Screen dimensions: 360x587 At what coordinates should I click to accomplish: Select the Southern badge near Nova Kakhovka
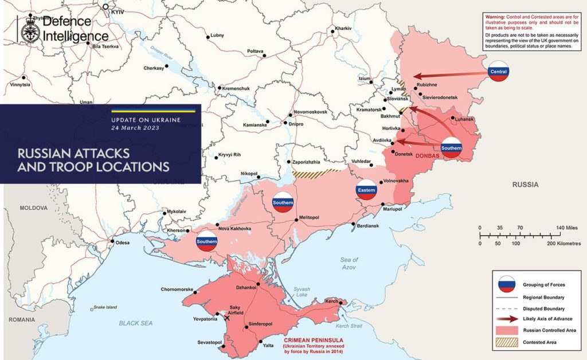click(x=206, y=241)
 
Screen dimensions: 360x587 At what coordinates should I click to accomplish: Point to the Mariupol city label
click(x=394, y=210)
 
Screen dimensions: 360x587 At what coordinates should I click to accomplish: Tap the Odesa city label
click(x=123, y=243)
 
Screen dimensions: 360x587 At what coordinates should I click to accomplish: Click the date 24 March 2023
click(x=135, y=128)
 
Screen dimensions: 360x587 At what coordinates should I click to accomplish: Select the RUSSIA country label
click(x=526, y=185)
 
